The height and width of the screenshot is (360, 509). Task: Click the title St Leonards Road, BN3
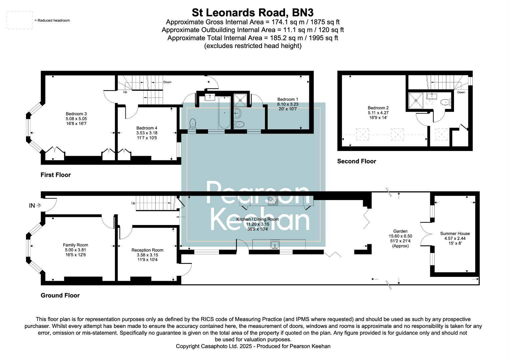253,13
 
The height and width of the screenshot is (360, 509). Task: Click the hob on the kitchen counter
273,201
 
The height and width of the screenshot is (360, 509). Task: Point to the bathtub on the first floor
224,112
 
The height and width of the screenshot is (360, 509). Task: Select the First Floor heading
56,175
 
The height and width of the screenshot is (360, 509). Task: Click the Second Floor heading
356,161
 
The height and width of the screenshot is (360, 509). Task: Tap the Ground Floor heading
60,295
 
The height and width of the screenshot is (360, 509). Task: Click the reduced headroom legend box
20,20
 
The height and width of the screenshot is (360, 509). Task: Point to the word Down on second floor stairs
461,92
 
